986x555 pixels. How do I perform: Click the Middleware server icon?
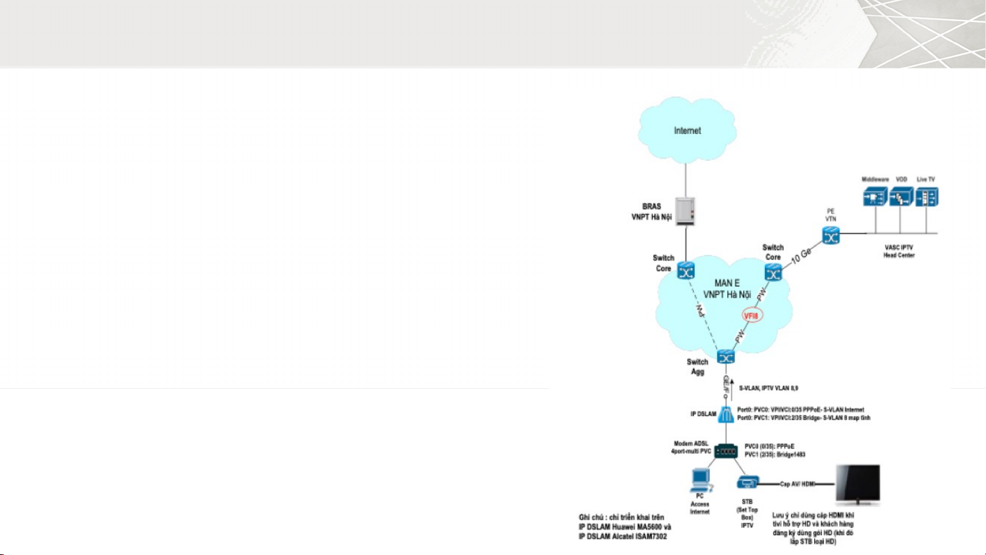tap(874, 196)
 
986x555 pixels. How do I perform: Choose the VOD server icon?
tap(900, 196)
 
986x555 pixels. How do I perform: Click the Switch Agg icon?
tap(726, 357)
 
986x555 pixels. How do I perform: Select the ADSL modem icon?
tap(727, 452)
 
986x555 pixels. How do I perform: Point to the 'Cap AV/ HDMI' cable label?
tap(794, 483)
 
